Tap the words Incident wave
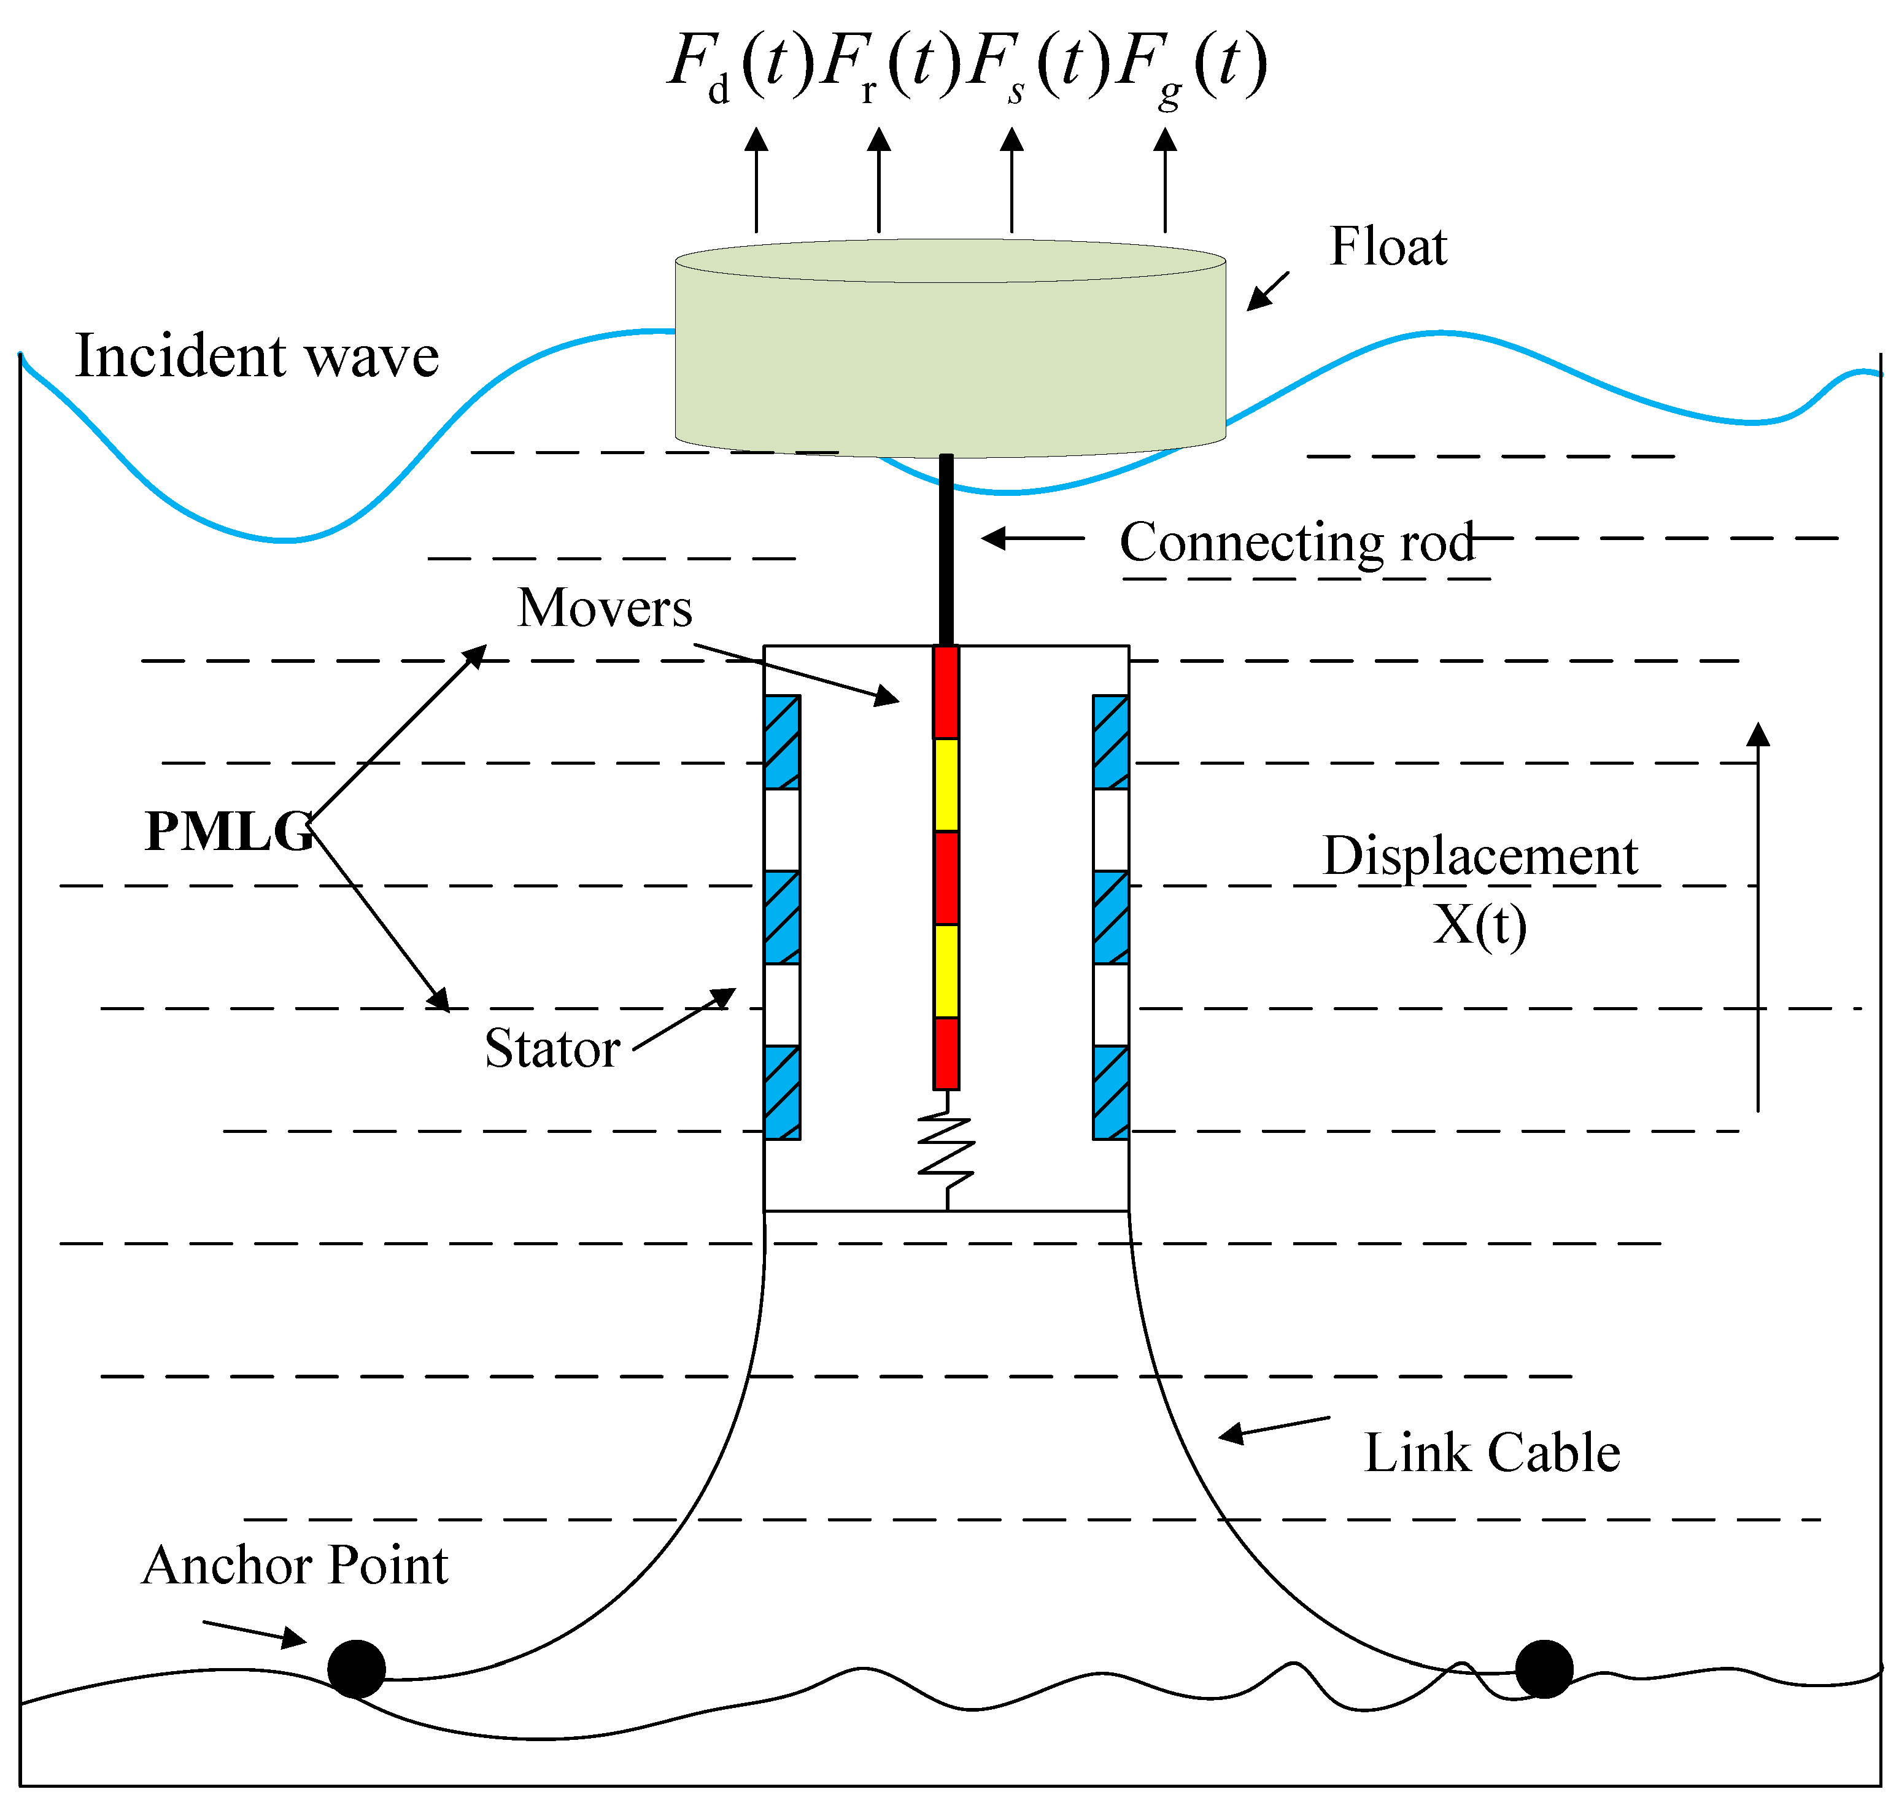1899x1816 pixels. (257, 356)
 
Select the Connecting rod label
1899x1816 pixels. (1296, 541)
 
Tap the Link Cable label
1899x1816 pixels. (1491, 1452)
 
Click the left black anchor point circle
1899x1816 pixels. (356, 1669)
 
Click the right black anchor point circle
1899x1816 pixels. (1543, 1669)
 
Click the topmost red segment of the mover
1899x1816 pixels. (946, 692)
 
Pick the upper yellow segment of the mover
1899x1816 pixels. (946, 784)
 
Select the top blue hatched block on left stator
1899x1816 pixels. (781, 741)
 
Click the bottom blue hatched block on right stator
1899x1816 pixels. (1110, 1092)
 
